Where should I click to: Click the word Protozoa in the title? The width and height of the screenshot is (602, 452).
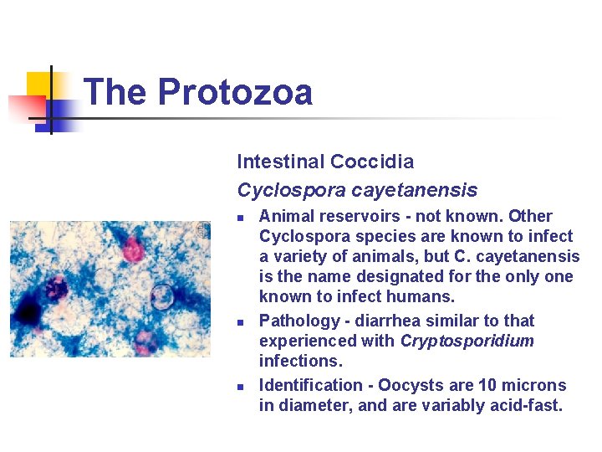point(235,92)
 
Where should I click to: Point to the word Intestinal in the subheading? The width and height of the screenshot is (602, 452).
point(280,162)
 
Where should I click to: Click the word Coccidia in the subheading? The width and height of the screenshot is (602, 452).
point(372,162)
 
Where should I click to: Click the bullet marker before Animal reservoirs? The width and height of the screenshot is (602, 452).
point(240,218)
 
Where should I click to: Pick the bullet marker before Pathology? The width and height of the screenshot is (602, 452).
point(240,322)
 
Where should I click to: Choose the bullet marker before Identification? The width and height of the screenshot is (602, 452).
point(240,387)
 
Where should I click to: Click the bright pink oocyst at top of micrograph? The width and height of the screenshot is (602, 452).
point(132,248)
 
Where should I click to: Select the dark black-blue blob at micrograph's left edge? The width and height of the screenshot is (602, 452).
point(27,313)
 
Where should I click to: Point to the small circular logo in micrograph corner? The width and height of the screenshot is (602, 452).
point(202,229)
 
